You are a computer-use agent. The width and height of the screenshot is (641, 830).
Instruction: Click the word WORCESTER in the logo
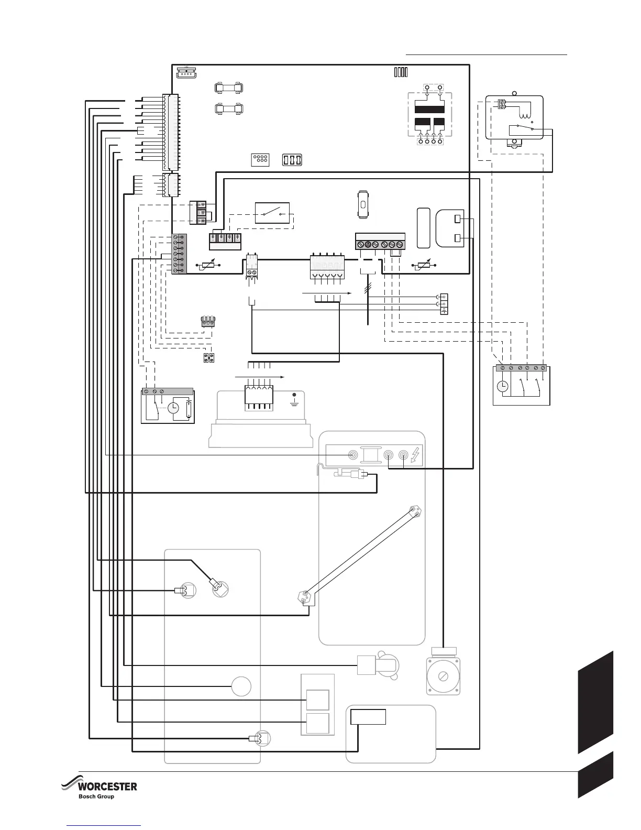pos(107,787)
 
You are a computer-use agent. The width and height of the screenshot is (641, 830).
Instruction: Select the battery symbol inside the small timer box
pos(189,409)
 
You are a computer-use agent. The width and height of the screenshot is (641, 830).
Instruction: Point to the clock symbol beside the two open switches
pos(502,386)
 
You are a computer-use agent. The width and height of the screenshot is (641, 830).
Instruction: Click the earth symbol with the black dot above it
pos(294,401)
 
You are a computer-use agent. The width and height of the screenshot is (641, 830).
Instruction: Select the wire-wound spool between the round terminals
pos(371,455)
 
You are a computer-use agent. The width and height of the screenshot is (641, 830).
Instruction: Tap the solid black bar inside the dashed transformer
pos(429,109)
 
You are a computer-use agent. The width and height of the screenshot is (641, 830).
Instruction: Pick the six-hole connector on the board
pos(260,159)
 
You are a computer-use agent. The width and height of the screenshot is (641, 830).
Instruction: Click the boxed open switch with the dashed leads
pos(272,213)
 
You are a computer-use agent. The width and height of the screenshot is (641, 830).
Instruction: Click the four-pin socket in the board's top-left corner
pos(186,73)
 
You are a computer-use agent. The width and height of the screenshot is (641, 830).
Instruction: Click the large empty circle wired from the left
pos(241,686)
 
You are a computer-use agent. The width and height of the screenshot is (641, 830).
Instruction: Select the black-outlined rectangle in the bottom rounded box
pos(368,716)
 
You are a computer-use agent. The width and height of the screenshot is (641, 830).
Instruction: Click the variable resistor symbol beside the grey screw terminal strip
pos(209,265)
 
